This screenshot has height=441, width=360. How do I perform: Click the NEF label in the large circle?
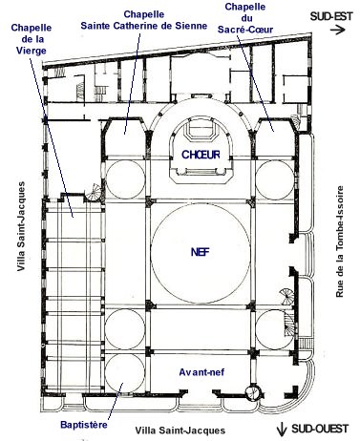tap(201, 252)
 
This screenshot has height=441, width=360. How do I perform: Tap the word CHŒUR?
tap(201, 155)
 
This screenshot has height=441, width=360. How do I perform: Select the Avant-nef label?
tap(201, 372)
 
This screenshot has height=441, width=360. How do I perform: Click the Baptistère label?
tap(84, 425)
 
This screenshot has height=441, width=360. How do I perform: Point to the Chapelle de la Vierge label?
tap(31, 39)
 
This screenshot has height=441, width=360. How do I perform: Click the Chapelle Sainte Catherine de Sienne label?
tap(144, 20)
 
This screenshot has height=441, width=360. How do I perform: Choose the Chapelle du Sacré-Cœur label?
tap(245, 18)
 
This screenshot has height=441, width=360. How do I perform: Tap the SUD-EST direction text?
tap(331, 16)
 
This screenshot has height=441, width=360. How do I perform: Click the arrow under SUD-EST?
tap(338, 31)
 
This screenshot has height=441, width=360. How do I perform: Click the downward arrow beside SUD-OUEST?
tap(282, 430)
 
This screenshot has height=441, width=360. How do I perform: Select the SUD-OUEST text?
tap(320, 429)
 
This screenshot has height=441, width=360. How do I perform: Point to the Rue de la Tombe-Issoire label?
tap(340, 241)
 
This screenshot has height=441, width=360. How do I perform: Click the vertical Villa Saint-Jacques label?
tap(21, 226)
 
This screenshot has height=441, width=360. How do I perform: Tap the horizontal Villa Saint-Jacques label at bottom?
tap(180, 430)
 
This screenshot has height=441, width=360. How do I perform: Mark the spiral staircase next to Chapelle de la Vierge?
tap(95, 193)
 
